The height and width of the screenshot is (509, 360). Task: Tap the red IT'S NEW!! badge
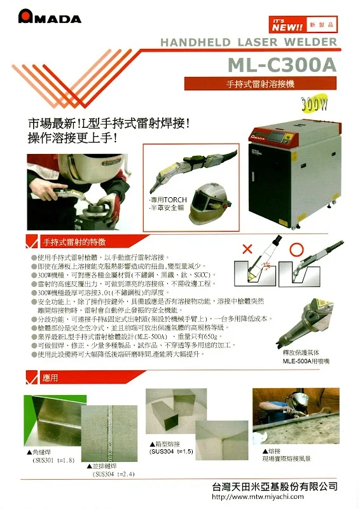pyautogui.click(x=287, y=24)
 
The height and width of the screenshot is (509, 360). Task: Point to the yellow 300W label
pyautogui.click(x=317, y=103)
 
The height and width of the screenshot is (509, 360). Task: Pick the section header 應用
pyautogui.click(x=51, y=377)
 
